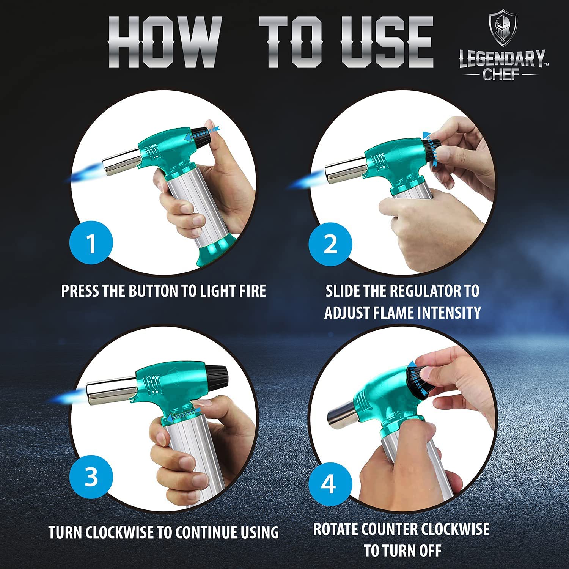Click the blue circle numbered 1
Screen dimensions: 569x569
(x=91, y=243)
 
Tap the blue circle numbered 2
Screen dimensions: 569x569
(x=330, y=244)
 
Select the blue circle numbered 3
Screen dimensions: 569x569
(x=91, y=476)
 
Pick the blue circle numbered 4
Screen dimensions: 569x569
(x=329, y=484)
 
